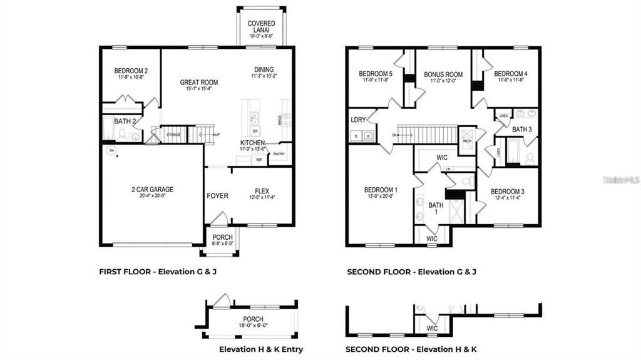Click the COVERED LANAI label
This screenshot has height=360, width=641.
pos(261,27)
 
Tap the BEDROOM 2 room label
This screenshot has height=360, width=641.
pos(131,71)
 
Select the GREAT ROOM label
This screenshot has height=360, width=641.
pos(198,82)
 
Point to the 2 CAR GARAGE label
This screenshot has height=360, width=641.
pos(152,189)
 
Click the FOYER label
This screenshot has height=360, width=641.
pos(217,196)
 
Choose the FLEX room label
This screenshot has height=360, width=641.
pos(262,192)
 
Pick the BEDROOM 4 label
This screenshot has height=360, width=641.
pos(511,73)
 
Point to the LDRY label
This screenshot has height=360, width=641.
pos(358,119)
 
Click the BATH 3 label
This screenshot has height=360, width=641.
pos(522,130)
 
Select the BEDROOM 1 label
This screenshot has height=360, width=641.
pos(381,190)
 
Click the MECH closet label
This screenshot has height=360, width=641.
pos(466,141)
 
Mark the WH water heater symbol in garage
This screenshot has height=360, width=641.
pos(111,150)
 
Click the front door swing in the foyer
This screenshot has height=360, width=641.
pos(217,219)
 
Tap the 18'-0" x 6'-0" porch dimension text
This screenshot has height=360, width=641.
pos(252,326)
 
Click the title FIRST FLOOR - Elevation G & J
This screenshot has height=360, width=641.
pos(158,272)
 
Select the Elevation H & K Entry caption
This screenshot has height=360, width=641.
pos(261,349)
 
